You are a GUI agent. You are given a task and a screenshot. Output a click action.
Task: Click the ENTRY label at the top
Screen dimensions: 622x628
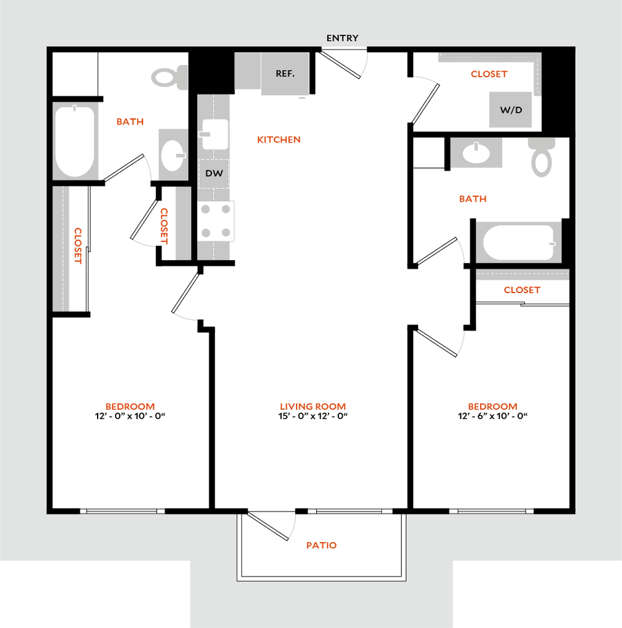point(342,38)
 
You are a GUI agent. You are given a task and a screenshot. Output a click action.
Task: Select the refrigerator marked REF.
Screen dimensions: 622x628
point(285,74)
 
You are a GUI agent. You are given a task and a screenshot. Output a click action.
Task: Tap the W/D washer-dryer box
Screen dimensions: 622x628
point(510,110)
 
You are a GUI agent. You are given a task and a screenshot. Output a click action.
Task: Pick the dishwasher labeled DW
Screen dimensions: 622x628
point(214,174)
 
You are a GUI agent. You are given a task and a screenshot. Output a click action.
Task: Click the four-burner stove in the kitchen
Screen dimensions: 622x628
point(216,221)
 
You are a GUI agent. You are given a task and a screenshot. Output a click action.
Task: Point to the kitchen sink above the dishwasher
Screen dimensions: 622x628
point(215,134)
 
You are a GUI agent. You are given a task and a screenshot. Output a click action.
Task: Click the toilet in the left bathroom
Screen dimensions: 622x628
point(169,77)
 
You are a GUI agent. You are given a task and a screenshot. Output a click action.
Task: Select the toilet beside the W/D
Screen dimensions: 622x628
point(542,158)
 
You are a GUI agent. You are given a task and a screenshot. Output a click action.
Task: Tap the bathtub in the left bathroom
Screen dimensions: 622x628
point(76,141)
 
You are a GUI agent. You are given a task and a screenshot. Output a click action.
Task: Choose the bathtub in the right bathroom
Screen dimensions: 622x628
point(519,242)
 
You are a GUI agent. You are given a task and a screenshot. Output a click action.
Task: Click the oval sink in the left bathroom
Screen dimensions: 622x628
point(173,155)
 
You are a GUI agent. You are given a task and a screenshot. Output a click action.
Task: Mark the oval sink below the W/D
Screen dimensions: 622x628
point(476,153)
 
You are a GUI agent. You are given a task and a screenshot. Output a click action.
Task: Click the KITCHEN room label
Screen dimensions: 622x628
point(279,140)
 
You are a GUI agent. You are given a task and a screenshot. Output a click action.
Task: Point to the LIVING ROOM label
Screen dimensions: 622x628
point(313,407)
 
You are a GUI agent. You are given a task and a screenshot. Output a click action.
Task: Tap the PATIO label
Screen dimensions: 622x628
point(322,545)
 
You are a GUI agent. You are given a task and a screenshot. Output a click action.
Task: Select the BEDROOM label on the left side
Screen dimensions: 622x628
point(130,407)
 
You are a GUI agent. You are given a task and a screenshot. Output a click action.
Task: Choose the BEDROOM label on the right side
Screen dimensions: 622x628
point(493,407)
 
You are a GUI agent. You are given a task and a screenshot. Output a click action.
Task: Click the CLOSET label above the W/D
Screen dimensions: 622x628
point(489,74)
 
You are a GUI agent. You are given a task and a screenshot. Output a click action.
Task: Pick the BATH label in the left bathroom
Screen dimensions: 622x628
point(130,122)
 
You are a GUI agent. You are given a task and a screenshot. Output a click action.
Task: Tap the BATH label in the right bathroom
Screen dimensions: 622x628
point(473,199)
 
